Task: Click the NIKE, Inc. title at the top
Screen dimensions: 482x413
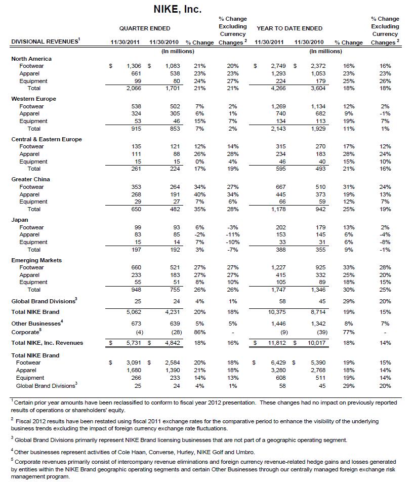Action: pyautogui.click(x=177, y=9)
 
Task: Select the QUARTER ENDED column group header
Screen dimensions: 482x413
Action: pyautogui.click(x=145, y=28)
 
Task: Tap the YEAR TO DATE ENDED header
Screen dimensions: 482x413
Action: pyautogui.click(x=290, y=28)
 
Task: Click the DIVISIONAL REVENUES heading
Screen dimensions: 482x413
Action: pyautogui.click(x=45, y=42)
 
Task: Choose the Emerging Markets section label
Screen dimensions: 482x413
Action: pyautogui.click(x=36, y=260)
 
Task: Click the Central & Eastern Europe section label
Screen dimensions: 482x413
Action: pyautogui.click(x=47, y=139)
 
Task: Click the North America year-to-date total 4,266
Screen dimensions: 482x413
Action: pyautogui.click(x=277, y=88)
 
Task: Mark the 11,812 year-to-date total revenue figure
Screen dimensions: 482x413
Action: pyautogui.click(x=276, y=343)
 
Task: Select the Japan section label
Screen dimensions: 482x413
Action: pyautogui.click(x=20, y=220)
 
